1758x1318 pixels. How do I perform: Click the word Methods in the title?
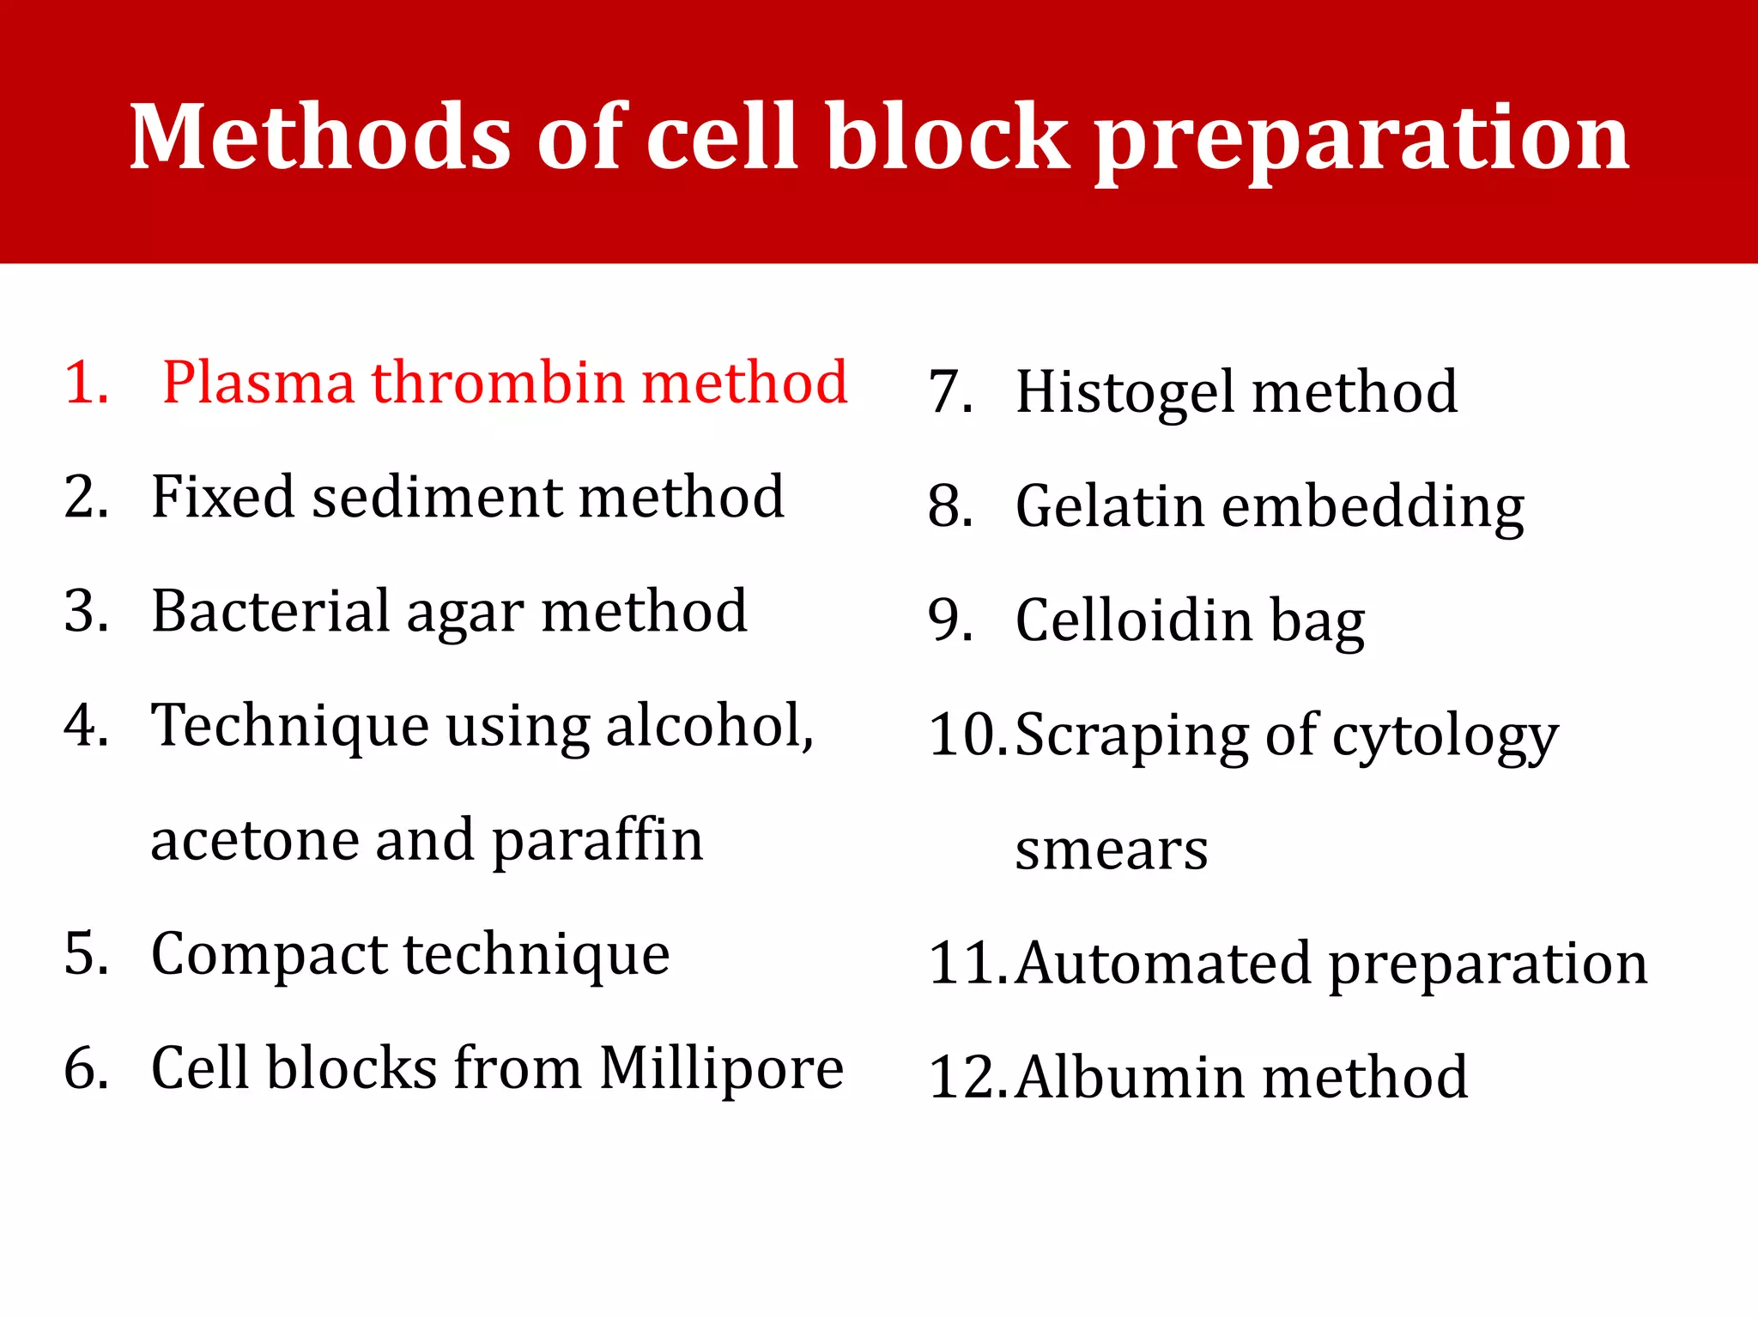320,137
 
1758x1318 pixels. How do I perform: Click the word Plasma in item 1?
258,384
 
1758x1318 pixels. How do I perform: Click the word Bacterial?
270,611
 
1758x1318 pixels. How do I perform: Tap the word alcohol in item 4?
708,726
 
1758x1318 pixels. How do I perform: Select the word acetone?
254,841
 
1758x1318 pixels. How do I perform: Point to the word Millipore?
721,1070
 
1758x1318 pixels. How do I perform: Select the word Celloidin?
1133,620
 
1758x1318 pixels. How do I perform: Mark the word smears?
1111,851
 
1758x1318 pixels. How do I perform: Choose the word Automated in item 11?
1163,964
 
